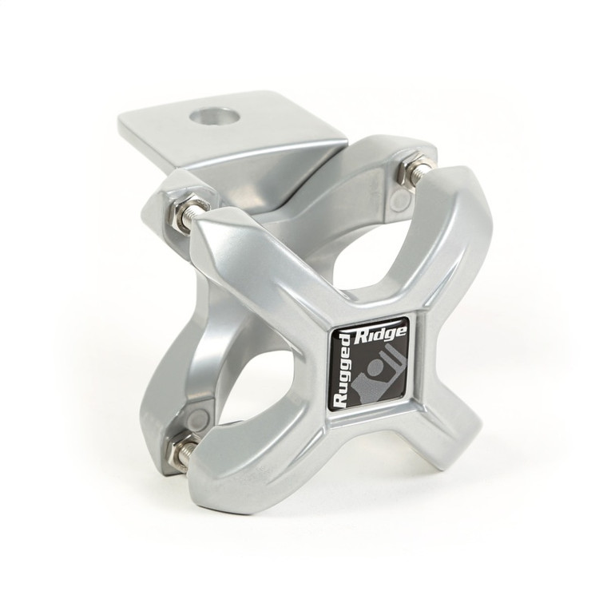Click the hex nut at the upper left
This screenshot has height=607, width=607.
click(x=178, y=209)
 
